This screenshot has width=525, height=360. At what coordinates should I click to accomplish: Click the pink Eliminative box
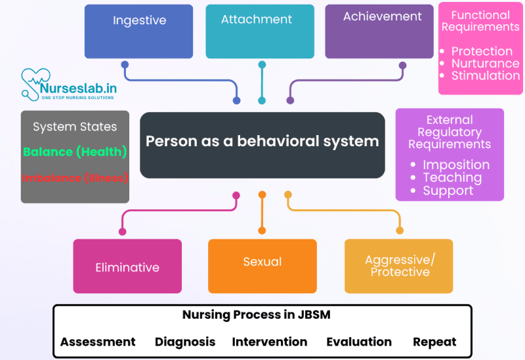coord(127,266)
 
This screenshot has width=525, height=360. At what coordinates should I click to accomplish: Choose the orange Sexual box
coord(262,265)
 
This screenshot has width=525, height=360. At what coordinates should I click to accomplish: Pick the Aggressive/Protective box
coord(399,266)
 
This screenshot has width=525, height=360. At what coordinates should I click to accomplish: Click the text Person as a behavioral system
coord(262,141)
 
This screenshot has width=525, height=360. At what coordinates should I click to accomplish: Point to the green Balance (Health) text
coord(75,151)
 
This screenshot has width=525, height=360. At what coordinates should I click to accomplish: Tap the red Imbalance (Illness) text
coord(75,178)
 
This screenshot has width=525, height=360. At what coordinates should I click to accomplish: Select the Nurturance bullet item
coord(485,64)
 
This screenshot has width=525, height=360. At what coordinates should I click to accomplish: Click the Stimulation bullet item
coord(485,76)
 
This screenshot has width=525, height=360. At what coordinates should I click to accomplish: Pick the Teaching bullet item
coord(451,178)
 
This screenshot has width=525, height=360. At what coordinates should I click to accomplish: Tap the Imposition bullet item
coord(455,165)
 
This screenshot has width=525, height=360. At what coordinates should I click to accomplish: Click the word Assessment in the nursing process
coord(98,342)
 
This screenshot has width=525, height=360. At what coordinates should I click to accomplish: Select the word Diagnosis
coord(185,342)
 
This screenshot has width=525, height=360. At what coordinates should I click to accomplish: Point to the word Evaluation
coord(358,342)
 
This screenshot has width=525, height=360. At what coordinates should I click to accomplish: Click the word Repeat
coord(434,342)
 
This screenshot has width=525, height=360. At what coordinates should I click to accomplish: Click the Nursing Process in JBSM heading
coord(256,315)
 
